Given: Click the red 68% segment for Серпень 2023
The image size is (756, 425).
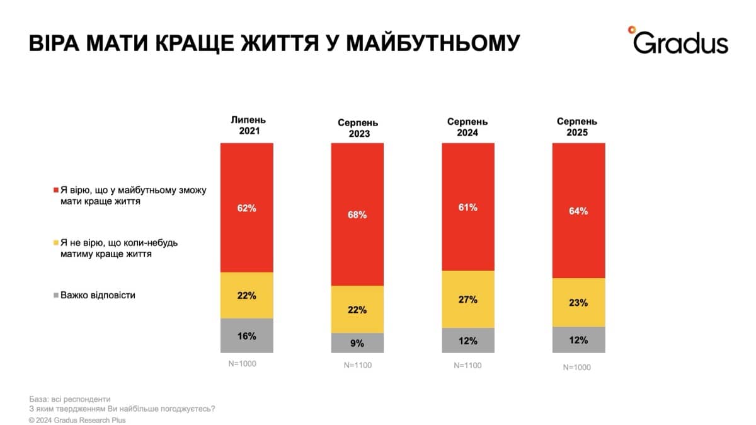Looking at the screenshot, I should point(357,214).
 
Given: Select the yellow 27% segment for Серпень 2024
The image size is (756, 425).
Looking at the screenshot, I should point(467,300).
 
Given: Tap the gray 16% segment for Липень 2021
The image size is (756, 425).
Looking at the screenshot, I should point(247,335).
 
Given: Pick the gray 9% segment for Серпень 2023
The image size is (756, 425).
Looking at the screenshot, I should point(357,343).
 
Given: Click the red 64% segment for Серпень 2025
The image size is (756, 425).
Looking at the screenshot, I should point(578,211).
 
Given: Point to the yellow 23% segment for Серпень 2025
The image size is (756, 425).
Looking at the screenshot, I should point(578,303).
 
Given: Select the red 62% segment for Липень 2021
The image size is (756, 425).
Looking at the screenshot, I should point(247,207).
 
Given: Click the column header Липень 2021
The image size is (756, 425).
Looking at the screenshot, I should point(248,126).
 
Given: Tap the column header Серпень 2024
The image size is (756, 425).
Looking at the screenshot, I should point(467,127).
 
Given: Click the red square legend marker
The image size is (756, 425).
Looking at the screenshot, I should point(55,190).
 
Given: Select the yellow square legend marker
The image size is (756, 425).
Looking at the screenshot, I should point(55,243).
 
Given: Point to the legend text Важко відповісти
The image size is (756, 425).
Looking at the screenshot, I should point(98,295).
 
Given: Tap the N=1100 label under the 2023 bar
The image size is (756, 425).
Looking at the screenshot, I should point(357,365).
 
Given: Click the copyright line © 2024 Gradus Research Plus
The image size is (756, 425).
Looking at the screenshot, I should point(77,420).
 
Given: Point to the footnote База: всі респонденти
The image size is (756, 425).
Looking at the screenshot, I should point(69,399).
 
